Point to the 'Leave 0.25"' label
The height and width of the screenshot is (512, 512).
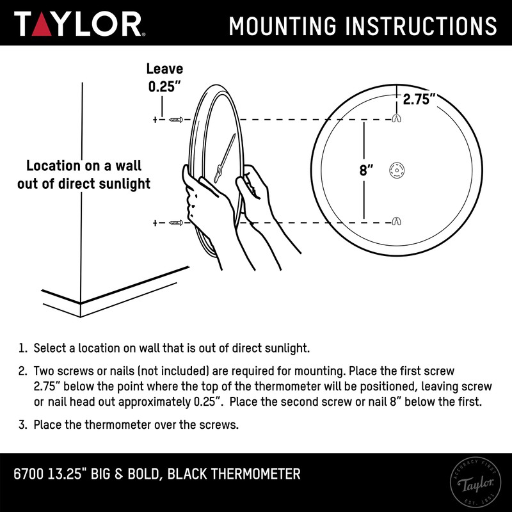(165, 77)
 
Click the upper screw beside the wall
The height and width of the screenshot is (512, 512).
(176, 120)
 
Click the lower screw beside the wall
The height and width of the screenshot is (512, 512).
(176, 223)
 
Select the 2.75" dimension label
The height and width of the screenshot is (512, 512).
(419, 99)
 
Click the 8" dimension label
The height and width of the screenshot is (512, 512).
(366, 171)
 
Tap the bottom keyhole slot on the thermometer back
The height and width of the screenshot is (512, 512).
(396, 222)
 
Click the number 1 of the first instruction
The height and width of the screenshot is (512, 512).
(22, 349)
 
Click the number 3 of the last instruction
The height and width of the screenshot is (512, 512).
(22, 424)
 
